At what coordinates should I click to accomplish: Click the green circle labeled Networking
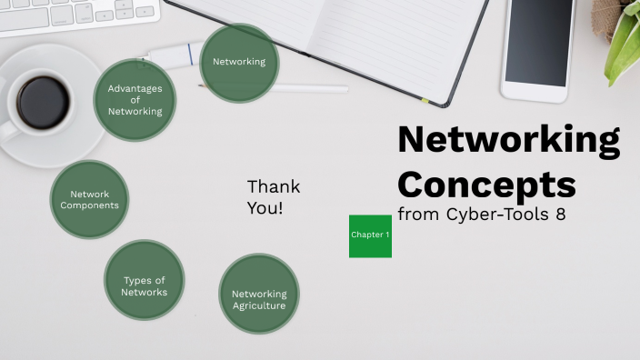[x=239, y=63]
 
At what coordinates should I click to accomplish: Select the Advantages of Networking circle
[x=135, y=100]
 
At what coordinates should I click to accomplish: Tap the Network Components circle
[x=89, y=200]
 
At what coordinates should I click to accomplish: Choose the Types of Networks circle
[x=145, y=280]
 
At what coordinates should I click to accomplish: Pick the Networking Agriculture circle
[x=259, y=294]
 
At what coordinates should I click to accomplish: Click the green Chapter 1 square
[x=370, y=235]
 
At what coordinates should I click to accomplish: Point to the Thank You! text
[x=273, y=197]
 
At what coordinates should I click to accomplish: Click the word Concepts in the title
[x=486, y=184]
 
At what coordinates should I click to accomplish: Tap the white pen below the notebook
[x=309, y=89]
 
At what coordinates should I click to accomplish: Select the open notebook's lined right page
[x=400, y=36]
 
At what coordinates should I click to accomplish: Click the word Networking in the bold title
[x=508, y=142]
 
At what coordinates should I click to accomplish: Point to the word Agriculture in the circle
[x=259, y=305]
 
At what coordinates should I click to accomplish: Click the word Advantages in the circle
[x=135, y=88]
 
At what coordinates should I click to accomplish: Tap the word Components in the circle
[x=89, y=205]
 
